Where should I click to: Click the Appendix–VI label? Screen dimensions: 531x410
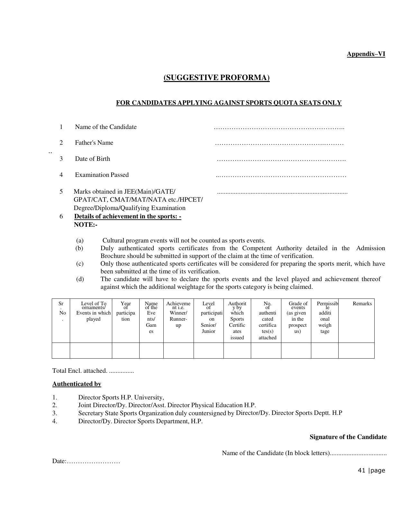pyautogui.click(x=366, y=54)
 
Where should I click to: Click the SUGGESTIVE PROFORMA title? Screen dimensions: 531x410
pyautogui.click(x=216, y=78)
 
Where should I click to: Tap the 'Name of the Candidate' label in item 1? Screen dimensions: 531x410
pyautogui.click(x=105, y=127)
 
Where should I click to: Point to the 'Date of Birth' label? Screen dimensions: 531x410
pyautogui.click(x=92, y=159)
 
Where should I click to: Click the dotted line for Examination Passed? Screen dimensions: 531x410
pyautogui.click(x=281, y=176)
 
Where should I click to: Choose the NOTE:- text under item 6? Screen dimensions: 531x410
pyautogui.click(x=86, y=225)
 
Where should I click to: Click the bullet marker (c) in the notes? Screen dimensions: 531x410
pyautogui.click(x=80, y=264)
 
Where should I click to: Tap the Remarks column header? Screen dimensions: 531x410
pyautogui.click(x=362, y=304)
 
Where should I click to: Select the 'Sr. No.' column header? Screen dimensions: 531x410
pyautogui.click(x=61, y=311)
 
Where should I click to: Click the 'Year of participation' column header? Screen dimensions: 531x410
pyautogui.click(x=125, y=311)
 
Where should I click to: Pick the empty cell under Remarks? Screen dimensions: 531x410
pyautogui.click(x=356, y=350)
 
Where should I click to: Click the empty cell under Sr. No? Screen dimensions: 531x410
pyautogui.click(x=61, y=350)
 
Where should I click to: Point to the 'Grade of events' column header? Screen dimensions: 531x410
pyautogui.click(x=297, y=317)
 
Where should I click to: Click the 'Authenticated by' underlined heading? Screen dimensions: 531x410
pyautogui.click(x=77, y=384)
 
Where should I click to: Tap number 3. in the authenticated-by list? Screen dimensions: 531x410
pyautogui.click(x=55, y=413)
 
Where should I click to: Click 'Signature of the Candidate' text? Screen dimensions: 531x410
pyautogui.click(x=348, y=437)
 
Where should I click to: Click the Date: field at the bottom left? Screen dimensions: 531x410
pyautogui.click(x=86, y=462)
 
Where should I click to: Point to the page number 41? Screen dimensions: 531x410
pyautogui.click(x=361, y=471)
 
